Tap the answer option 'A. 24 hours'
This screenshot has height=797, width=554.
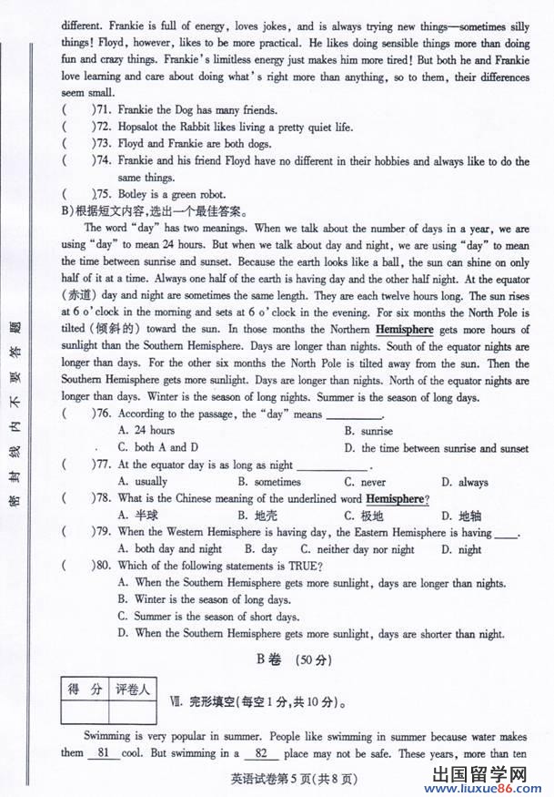point(146,430)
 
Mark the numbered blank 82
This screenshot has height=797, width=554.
point(262,753)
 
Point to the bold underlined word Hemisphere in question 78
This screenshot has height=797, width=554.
point(394,499)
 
